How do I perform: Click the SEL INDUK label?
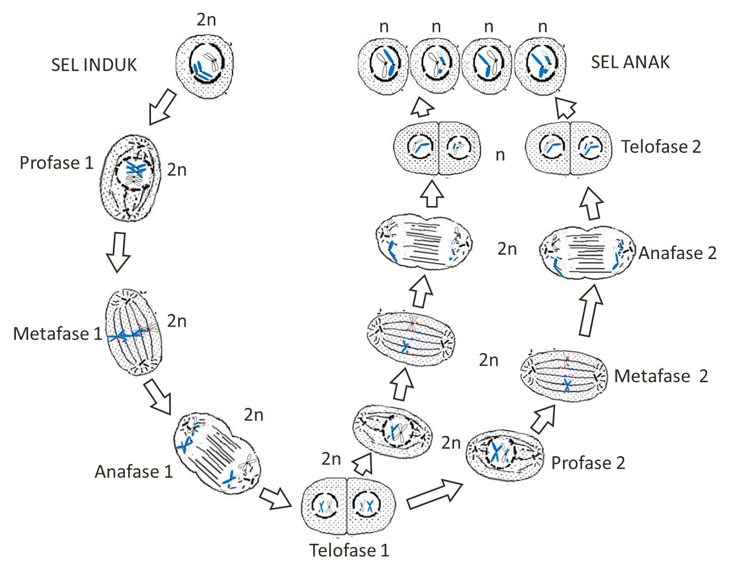94,65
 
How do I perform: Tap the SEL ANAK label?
630,62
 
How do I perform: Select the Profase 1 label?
56,162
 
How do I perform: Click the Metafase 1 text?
57,333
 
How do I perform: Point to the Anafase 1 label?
134,471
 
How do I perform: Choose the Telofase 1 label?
349,550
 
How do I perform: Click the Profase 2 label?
588,462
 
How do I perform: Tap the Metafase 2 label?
661,376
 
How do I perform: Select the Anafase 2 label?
677,253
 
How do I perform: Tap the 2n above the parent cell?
206,20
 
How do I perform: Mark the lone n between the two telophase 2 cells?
500,155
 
